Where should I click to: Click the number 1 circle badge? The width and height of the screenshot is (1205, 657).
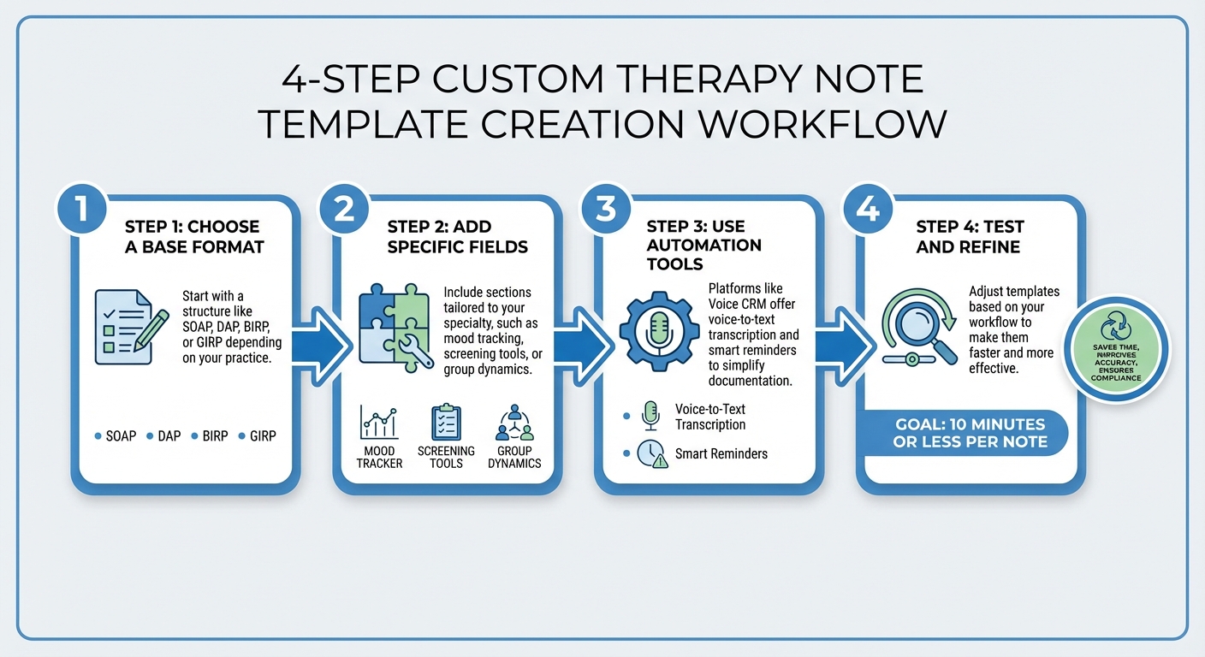(82, 209)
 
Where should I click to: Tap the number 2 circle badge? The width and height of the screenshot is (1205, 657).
(344, 209)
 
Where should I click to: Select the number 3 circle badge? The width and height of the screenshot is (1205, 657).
(606, 209)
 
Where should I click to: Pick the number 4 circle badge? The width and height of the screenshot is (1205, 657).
(868, 209)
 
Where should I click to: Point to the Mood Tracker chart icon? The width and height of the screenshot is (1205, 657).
(379, 423)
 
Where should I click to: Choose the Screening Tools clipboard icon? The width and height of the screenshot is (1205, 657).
(446, 423)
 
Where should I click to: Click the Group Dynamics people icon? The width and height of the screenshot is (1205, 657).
(514, 423)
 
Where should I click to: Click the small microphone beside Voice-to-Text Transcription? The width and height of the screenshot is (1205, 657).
(650, 416)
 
